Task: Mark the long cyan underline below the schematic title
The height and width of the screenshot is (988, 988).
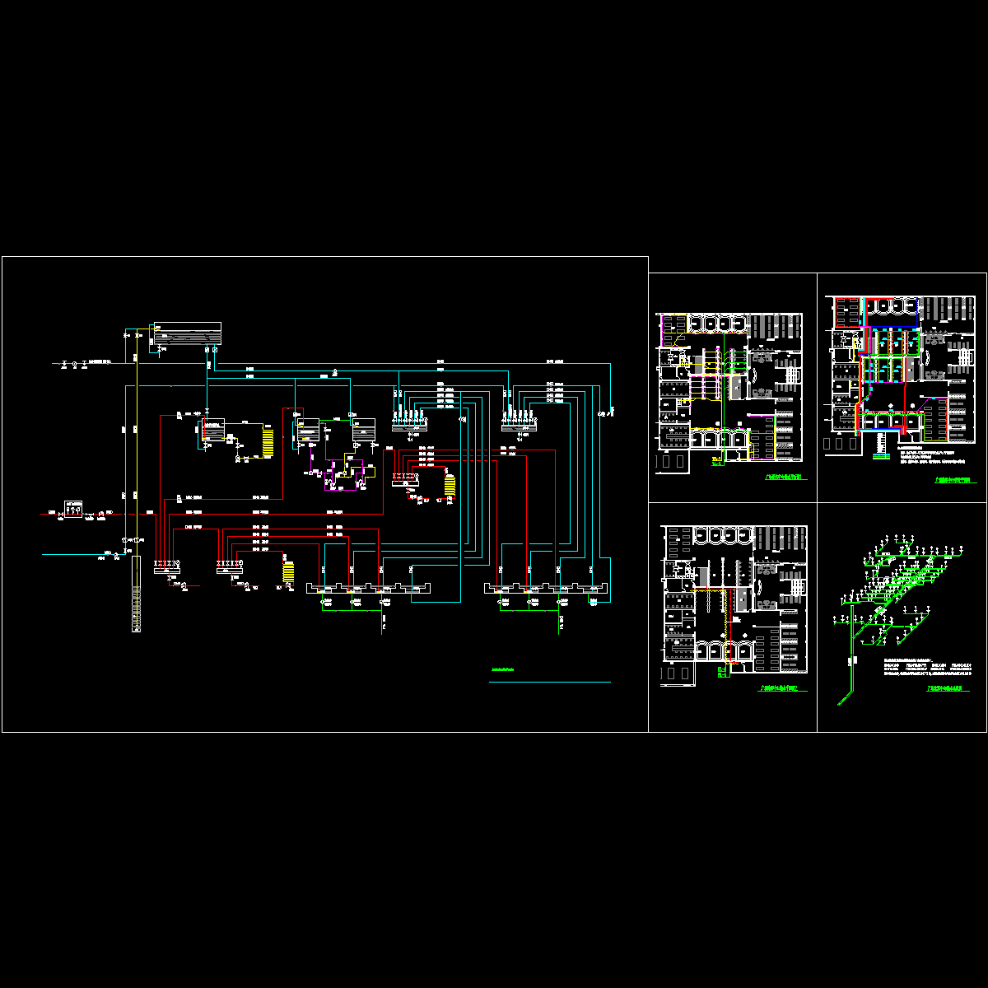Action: tap(550, 682)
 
